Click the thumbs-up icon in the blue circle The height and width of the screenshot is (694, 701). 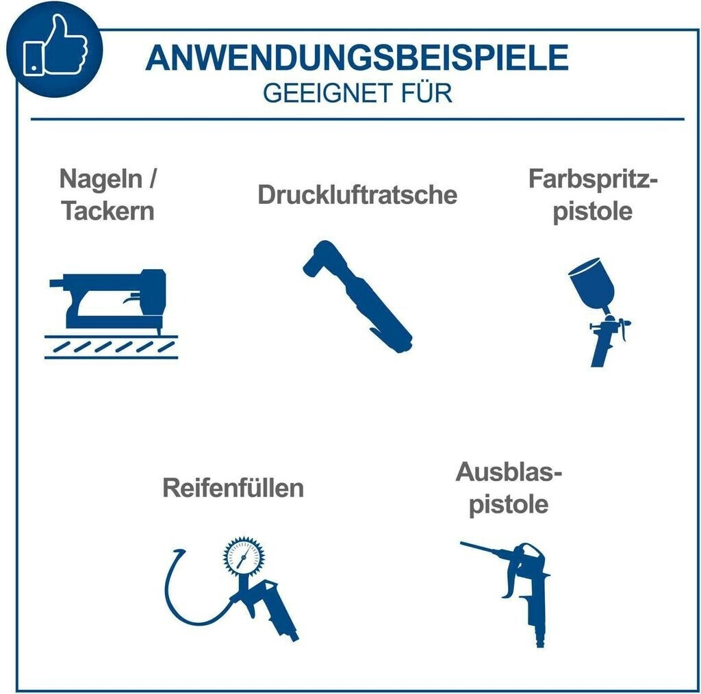55,46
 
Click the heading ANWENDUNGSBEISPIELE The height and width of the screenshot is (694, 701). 357,57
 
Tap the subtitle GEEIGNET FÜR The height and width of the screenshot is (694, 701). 357,93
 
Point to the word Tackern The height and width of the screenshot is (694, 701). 107,211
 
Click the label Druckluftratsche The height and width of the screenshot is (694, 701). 357,195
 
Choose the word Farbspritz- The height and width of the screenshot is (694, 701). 594,179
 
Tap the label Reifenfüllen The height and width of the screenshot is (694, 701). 233,487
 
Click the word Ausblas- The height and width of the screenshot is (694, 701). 509,472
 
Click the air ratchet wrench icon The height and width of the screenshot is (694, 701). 357,296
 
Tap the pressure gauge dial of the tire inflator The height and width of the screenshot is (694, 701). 244,556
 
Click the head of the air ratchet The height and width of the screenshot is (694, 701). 320,259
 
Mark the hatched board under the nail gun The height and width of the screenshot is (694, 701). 111,347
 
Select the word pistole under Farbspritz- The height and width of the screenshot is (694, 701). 593,211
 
